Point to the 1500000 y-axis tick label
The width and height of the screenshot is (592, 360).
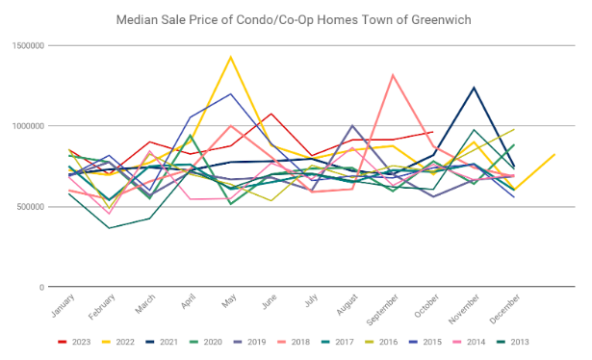coord(28,45)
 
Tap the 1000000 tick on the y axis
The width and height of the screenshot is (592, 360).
coord(28,126)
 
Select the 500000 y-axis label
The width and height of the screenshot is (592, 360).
coord(30,207)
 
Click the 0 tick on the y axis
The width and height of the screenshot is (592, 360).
coord(42,287)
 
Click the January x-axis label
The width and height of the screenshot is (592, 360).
coord(64,306)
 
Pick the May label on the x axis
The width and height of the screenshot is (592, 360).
coord(229,300)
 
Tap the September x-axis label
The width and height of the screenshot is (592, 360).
coord(382,310)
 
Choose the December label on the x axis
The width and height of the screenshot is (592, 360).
coord(504,309)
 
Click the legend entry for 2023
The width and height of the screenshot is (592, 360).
coord(74,342)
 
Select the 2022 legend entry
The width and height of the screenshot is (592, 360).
coord(118,342)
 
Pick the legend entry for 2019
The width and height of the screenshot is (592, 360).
coord(249,342)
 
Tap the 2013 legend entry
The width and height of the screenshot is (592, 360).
coord(513,342)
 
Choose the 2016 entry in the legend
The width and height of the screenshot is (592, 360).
coord(381,342)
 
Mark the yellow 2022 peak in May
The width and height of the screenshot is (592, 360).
coord(231,57)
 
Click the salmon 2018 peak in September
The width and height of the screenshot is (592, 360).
coord(393,75)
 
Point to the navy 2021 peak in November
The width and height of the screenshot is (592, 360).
coord(474,88)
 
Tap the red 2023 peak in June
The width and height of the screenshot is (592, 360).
coord(271,114)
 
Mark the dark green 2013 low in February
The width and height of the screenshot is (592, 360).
coord(109,228)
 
